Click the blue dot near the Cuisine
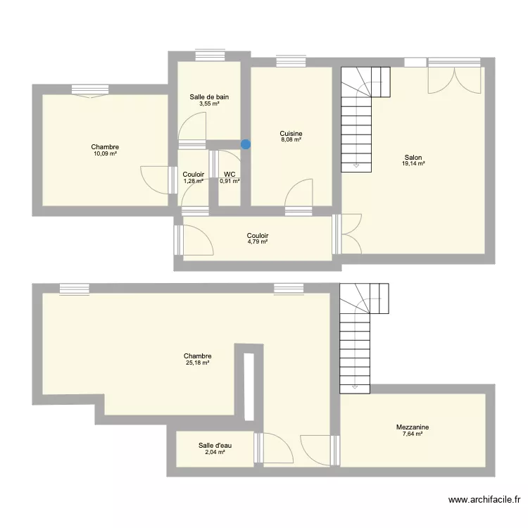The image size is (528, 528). [x=245, y=145]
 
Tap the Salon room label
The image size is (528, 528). [x=413, y=157]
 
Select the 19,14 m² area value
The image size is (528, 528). [x=413, y=163]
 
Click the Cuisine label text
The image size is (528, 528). [x=291, y=133]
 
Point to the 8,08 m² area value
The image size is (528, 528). [x=291, y=139]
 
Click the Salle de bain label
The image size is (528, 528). [x=209, y=97]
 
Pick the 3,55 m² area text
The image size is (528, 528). [x=209, y=103]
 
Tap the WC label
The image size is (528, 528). [x=230, y=174]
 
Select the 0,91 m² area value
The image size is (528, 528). [x=230, y=181]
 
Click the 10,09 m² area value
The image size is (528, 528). [x=104, y=153]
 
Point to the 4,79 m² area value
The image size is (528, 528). [x=258, y=241]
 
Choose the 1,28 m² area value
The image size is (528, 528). [x=193, y=181]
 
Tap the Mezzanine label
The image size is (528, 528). [x=413, y=427]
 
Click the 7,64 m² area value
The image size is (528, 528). [x=413, y=434]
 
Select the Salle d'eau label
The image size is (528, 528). [x=215, y=445]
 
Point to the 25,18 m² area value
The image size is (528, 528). [x=197, y=363]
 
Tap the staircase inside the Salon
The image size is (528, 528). [x=360, y=116]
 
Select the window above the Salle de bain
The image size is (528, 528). [x=209, y=54]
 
